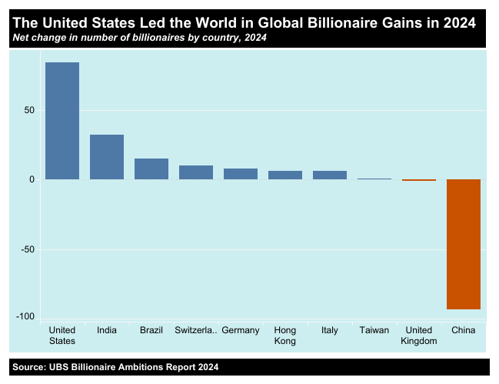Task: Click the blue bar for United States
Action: (62, 121)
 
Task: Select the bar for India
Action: (107, 157)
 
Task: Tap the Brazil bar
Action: (151, 169)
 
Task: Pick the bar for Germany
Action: (241, 174)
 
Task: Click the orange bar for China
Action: (464, 244)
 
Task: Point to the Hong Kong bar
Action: (285, 175)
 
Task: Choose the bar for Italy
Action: (330, 175)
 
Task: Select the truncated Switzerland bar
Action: (196, 172)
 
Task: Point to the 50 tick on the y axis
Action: (29, 110)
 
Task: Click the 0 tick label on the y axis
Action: (32, 179)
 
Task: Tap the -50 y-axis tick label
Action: (28, 249)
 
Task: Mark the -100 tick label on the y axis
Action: (25, 317)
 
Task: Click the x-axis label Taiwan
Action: (374, 331)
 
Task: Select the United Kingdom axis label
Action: (419, 336)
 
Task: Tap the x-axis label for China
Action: (464, 331)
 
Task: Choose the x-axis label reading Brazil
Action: (151, 331)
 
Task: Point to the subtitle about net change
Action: (139, 38)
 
